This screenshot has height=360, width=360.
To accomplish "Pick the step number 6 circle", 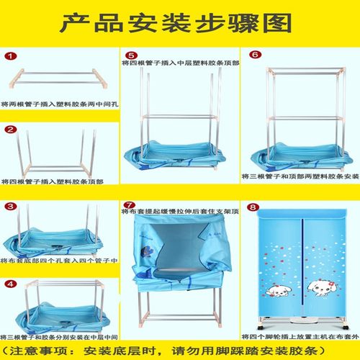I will point(254,55).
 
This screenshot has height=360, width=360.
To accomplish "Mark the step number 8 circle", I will point(254,206).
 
